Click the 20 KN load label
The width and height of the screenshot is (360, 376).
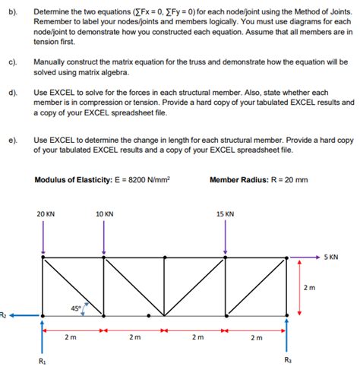pos(46,214)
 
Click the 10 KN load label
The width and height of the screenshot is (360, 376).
pos(105,214)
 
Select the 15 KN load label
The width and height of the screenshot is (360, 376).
pos(225,214)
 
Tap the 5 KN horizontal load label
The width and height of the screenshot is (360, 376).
pos(330,257)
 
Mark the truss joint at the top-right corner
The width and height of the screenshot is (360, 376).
pos(286,258)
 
